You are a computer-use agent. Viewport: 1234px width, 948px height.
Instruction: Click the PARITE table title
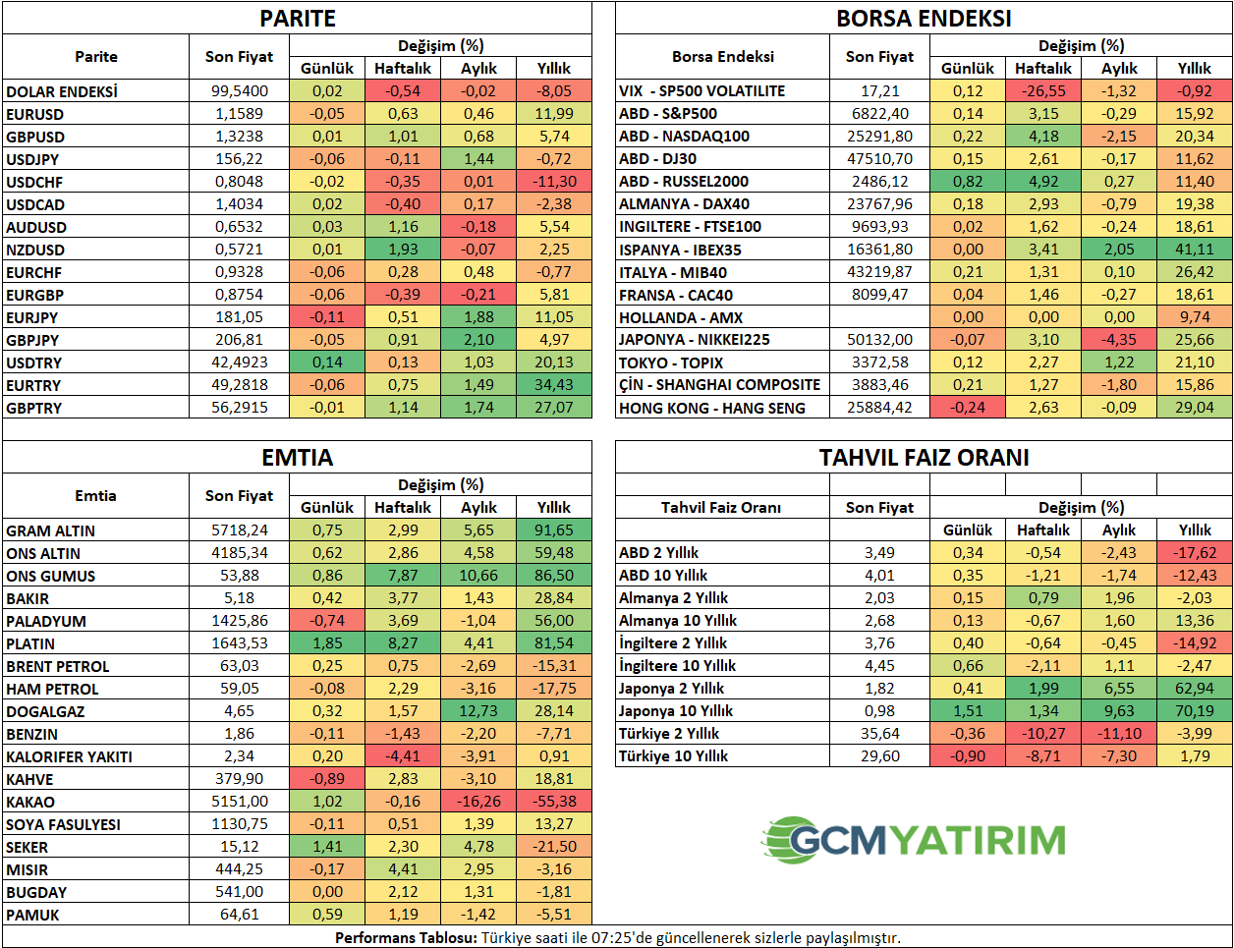298,18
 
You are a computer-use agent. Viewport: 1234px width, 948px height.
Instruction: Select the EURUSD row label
35,114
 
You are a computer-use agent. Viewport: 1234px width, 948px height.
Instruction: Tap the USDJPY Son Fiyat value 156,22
240,159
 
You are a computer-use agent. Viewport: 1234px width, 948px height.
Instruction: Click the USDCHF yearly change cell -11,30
554,182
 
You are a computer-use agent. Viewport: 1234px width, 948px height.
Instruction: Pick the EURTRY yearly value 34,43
554,385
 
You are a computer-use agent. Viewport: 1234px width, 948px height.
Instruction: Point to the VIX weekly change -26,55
1043,91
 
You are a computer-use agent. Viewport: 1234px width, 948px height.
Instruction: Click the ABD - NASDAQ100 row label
684,137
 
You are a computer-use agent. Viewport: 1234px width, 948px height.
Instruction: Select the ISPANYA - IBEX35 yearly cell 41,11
1195,250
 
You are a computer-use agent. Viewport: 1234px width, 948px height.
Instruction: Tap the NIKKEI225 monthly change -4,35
1119,340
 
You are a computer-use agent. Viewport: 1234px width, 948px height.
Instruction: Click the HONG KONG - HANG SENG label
712,408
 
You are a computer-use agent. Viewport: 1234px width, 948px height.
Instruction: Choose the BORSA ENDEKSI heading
924,18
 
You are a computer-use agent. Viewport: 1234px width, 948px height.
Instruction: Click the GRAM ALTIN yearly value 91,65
554,530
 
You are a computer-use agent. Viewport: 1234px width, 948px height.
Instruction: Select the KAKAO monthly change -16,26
478,802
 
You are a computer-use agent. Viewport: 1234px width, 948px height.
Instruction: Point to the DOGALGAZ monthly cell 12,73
478,711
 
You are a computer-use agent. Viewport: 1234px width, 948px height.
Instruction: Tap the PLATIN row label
30,643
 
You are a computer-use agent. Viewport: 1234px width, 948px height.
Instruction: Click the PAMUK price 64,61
240,915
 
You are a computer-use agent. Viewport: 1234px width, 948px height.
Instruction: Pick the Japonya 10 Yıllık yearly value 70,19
1195,711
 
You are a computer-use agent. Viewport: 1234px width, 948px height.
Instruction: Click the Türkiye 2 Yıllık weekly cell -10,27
1043,734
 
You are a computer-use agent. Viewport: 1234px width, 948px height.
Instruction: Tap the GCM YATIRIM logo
914,840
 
